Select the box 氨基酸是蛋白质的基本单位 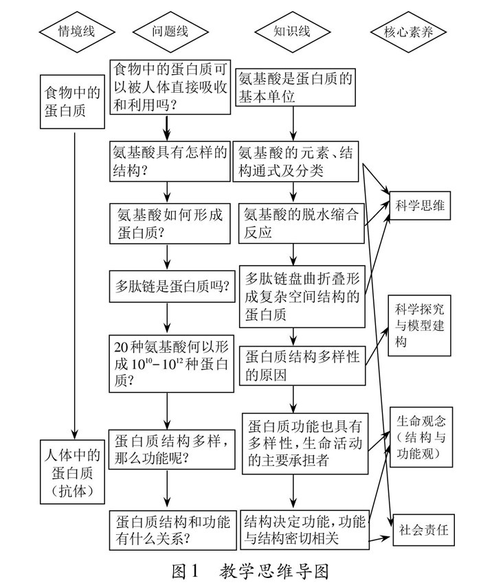tap(295, 88)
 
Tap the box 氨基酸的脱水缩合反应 tap(301, 224)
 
